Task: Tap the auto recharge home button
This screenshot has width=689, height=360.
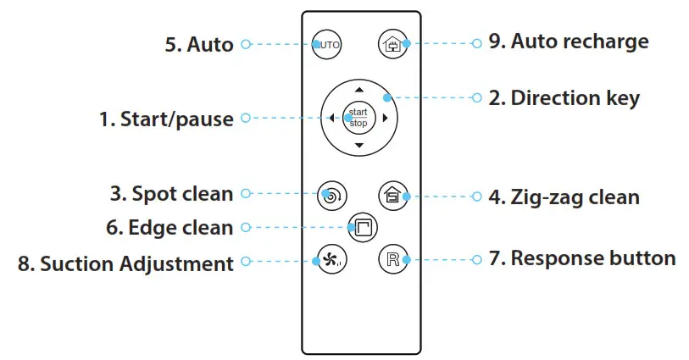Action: tap(392, 43)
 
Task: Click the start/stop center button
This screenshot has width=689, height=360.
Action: tap(358, 118)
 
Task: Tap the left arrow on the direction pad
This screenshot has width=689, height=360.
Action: tap(331, 119)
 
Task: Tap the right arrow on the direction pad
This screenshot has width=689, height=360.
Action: tap(386, 119)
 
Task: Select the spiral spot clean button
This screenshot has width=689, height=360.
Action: tap(329, 195)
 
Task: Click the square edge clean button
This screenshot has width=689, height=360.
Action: tap(361, 227)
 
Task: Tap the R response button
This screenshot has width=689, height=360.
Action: tap(392, 259)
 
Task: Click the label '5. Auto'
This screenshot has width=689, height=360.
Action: tap(198, 44)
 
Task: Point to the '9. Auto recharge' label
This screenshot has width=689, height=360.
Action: tap(568, 42)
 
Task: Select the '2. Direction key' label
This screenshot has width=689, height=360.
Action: tap(564, 98)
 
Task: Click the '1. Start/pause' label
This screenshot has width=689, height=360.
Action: tap(166, 119)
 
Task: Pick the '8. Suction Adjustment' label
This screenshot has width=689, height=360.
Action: tap(125, 263)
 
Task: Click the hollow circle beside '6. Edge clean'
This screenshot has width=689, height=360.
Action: tap(246, 227)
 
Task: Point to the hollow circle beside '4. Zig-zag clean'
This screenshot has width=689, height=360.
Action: tap(475, 197)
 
